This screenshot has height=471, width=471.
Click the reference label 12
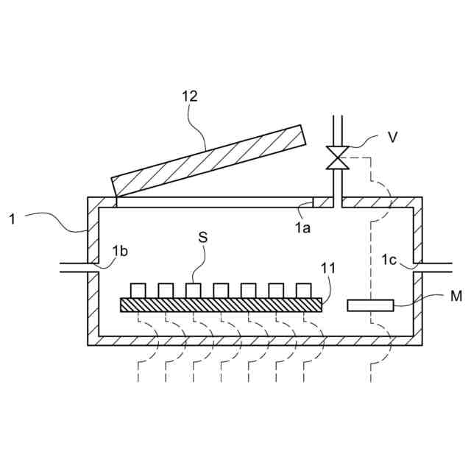click(x=190, y=96)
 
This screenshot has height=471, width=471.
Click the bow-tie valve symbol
click(x=339, y=158)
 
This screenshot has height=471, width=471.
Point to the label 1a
click(x=302, y=227)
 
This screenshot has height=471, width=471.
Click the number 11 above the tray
click(x=327, y=268)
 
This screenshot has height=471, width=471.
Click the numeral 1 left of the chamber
click(x=13, y=217)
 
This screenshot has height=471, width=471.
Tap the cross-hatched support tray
click(x=221, y=304)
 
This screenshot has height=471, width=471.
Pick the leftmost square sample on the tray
click(x=138, y=290)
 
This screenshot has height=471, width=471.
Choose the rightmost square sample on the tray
click(x=303, y=290)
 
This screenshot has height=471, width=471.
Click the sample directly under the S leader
click(x=194, y=290)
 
